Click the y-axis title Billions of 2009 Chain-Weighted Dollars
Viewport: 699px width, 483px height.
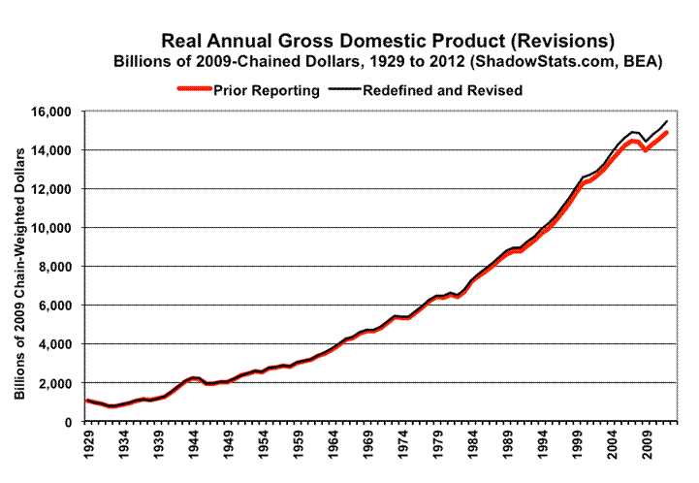click(x=21, y=267)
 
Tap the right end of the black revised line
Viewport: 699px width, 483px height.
click(x=667, y=121)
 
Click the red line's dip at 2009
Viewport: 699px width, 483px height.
click(x=646, y=150)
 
